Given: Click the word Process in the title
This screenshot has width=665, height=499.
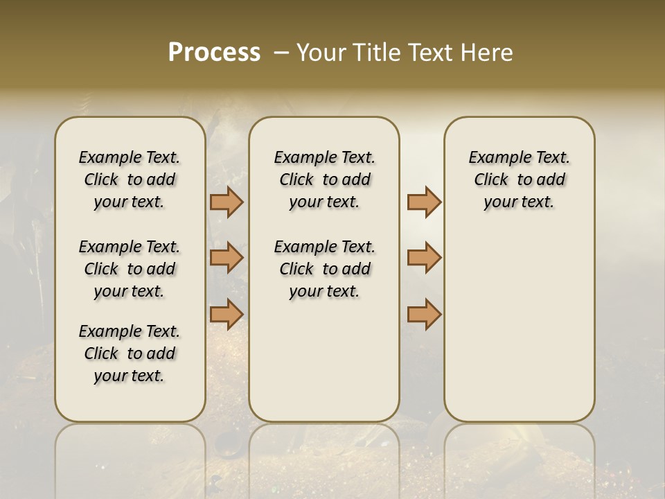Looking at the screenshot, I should [x=214, y=53].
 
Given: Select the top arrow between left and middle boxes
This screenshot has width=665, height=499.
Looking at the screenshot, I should [x=227, y=202].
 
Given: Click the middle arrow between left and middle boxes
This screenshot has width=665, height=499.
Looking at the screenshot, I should [x=227, y=258].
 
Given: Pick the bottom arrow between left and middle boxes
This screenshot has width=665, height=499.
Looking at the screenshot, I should [x=227, y=314].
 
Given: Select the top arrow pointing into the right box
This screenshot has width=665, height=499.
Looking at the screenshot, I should [x=424, y=202].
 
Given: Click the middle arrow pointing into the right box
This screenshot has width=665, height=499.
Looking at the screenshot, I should [x=424, y=258].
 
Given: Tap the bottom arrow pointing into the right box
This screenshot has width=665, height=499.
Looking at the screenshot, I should [x=424, y=314].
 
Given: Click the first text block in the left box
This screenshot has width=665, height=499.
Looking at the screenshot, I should [x=130, y=180].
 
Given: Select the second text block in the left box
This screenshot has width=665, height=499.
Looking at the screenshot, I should [x=130, y=269].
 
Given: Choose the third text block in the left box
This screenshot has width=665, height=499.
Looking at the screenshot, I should [x=130, y=353].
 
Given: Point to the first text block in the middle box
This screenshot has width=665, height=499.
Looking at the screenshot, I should [x=324, y=180].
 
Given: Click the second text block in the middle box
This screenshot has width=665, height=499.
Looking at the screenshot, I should [x=324, y=269].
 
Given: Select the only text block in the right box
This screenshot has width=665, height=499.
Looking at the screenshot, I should [x=519, y=180].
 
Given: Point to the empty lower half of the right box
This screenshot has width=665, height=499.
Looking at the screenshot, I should [x=519, y=326].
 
